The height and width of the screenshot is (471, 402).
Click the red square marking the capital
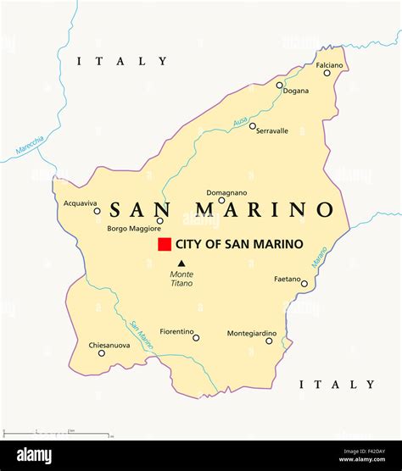pos(165,244)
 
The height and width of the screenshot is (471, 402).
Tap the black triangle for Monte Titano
pos(181,263)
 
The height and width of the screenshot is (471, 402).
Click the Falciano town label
pos(329,64)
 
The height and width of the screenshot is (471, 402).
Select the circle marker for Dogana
pos(280,85)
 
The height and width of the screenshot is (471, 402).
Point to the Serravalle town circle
pos(252,126)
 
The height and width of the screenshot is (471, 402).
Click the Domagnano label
pos(226,192)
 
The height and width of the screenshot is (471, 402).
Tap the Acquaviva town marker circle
pos(97,211)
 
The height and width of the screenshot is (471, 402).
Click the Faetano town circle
pos(304,284)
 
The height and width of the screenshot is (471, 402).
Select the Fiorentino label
pos(176,331)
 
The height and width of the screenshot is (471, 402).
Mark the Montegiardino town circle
pos(270,341)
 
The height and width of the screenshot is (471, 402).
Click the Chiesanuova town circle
pos(102,353)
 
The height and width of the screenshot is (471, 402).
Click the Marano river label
pos(319,258)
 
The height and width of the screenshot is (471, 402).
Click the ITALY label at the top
pos(122,61)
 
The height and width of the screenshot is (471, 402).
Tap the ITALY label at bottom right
pos(337,385)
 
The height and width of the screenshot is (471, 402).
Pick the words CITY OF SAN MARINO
pos(239,244)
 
